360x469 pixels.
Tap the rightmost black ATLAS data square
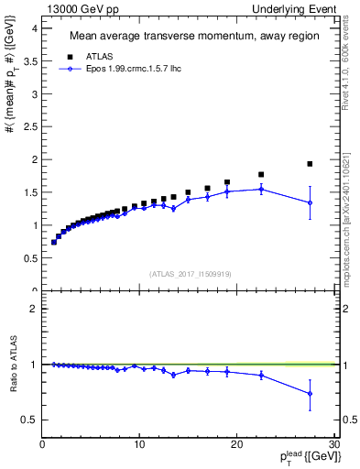click(x=310, y=164)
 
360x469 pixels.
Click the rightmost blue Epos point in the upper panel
click(x=310, y=202)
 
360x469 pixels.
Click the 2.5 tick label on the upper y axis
click(x=28, y=126)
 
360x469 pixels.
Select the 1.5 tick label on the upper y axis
click(x=28, y=192)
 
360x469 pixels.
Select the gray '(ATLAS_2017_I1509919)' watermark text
click(x=190, y=272)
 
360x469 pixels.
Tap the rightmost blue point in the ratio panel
click(x=310, y=394)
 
